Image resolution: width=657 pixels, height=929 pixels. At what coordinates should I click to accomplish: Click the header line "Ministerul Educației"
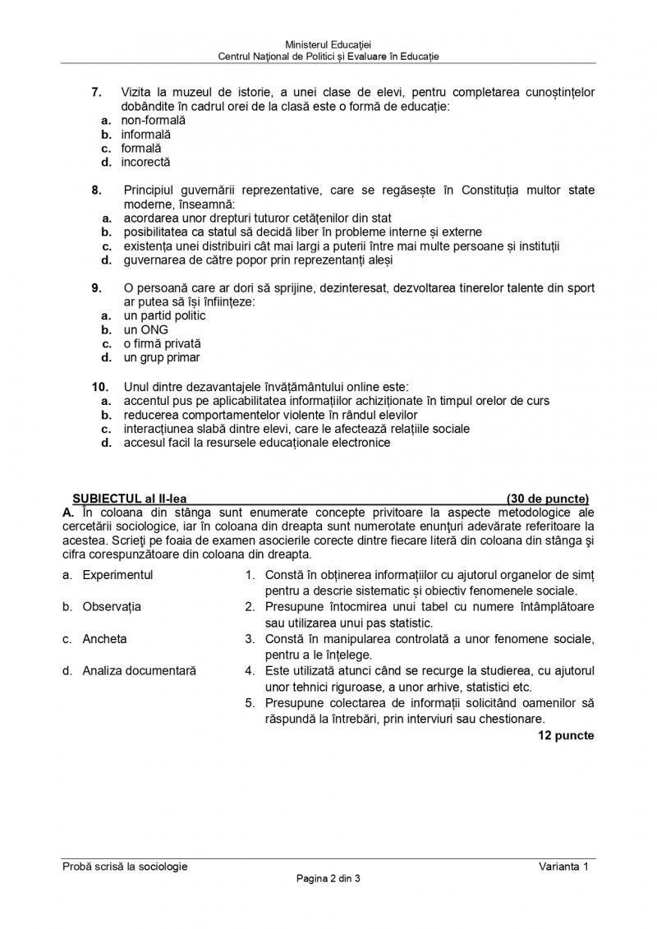click(328, 44)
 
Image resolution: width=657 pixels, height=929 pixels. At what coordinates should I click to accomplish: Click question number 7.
click(96, 92)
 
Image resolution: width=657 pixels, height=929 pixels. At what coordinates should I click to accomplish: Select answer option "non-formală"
click(154, 120)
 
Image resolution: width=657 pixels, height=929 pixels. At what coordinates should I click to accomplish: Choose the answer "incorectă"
click(146, 162)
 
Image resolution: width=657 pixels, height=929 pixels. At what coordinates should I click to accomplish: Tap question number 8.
click(96, 191)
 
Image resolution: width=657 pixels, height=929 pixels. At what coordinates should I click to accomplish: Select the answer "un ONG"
click(145, 330)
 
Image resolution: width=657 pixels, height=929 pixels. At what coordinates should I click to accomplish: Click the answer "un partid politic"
click(164, 315)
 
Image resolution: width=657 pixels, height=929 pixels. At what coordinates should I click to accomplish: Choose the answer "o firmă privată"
click(162, 344)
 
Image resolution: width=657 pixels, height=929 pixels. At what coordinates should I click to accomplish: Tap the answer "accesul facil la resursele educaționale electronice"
click(257, 443)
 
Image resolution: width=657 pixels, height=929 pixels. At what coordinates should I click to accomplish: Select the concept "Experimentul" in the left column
click(117, 575)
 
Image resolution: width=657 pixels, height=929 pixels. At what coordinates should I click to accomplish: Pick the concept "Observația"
click(112, 607)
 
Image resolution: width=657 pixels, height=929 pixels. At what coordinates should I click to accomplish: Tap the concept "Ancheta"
click(104, 639)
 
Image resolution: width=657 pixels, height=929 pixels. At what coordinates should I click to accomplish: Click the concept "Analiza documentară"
click(139, 671)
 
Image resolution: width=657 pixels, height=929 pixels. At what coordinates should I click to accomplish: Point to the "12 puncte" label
click(566, 735)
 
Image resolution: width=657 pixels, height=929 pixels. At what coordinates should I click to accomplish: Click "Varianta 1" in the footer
click(564, 867)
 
